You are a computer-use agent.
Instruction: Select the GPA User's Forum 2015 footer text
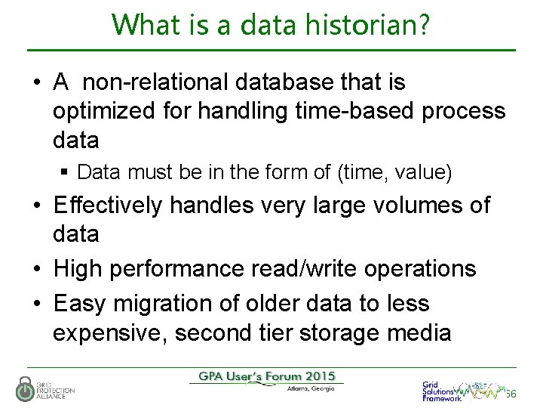point(266,376)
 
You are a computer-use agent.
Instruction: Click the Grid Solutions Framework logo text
point(440,391)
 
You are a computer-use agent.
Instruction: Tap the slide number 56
point(511,394)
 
